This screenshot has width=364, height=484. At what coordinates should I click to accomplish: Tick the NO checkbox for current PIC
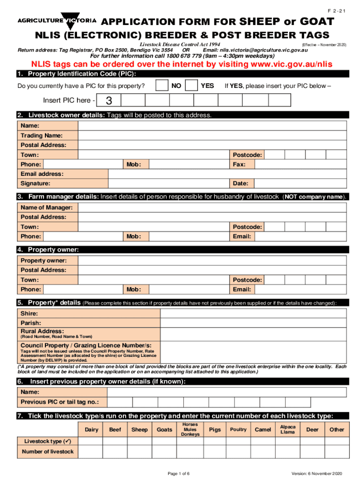[162, 86]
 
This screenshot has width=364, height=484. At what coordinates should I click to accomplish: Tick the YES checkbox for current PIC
[192, 86]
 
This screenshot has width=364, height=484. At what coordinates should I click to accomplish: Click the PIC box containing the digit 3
[109, 100]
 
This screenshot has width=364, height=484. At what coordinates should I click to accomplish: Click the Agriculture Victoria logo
[57, 21]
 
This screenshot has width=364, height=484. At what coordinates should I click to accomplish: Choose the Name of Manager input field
[212, 207]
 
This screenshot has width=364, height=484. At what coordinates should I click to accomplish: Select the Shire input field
[212, 313]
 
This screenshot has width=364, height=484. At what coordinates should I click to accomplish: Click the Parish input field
[212, 323]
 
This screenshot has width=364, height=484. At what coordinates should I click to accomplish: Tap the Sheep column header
[139, 430]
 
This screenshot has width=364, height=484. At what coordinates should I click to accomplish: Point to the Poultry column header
[238, 430]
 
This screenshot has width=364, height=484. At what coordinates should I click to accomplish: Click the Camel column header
[263, 430]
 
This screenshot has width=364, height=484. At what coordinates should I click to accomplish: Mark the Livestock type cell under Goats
[165, 441]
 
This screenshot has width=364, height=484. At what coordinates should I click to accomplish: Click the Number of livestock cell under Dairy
[91, 451]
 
